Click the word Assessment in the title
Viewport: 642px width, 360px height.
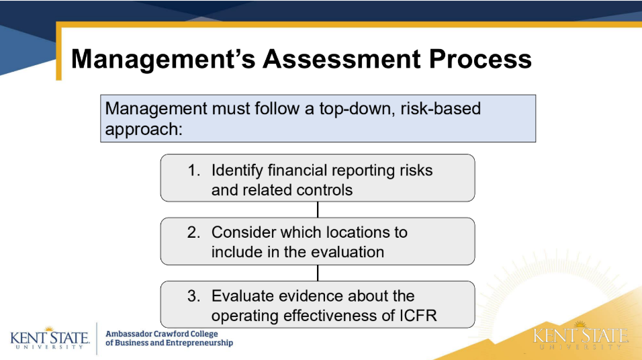click(x=341, y=58)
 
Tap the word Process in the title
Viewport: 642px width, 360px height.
click(x=480, y=58)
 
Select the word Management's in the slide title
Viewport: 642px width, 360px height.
click(x=163, y=60)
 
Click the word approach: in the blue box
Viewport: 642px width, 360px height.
click(x=144, y=130)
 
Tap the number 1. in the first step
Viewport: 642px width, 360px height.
click(x=194, y=171)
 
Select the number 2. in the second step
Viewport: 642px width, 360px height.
click(x=193, y=232)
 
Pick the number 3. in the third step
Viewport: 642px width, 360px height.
click(x=193, y=296)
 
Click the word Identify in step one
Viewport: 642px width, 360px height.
click(x=237, y=171)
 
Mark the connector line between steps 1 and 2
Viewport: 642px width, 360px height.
click(x=318, y=210)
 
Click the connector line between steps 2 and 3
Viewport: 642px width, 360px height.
click(x=318, y=273)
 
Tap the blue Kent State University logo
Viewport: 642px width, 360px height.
click(x=50, y=338)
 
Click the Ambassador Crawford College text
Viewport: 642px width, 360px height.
click(x=162, y=334)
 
